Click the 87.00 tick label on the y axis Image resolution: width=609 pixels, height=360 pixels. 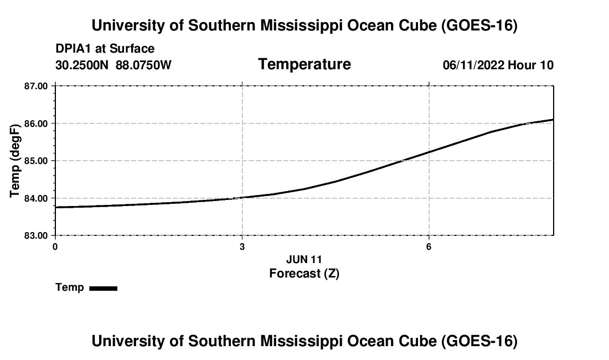[x=36, y=86]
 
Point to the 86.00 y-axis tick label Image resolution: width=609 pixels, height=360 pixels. [x=36, y=124]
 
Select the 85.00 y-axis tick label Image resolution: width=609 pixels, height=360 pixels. [x=36, y=161]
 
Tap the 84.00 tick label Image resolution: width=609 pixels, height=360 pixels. [x=36, y=198]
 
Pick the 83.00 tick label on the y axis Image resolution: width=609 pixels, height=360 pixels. [x=36, y=236]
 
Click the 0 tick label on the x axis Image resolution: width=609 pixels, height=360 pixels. [x=55, y=247]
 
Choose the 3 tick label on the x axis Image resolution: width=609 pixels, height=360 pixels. [x=242, y=247]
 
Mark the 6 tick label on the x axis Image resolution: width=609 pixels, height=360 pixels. [x=429, y=247]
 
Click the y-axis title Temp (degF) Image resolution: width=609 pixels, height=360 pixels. [x=15, y=161]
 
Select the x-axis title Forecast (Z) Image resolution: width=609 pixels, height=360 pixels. [x=304, y=274]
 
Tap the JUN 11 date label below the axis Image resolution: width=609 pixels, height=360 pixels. [x=304, y=259]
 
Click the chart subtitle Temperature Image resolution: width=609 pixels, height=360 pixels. [x=304, y=64]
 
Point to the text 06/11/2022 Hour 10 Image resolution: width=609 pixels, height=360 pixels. [x=498, y=65]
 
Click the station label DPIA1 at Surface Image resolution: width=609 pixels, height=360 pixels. [x=105, y=49]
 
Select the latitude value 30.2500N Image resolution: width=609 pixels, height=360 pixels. [x=82, y=65]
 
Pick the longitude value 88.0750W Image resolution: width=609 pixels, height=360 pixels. [x=143, y=65]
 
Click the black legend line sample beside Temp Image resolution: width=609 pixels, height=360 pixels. [x=104, y=289]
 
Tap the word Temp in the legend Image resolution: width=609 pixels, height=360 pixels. [x=70, y=287]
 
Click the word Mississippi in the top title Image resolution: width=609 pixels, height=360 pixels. [x=301, y=25]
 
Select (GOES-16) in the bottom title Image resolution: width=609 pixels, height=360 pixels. [x=479, y=341]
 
